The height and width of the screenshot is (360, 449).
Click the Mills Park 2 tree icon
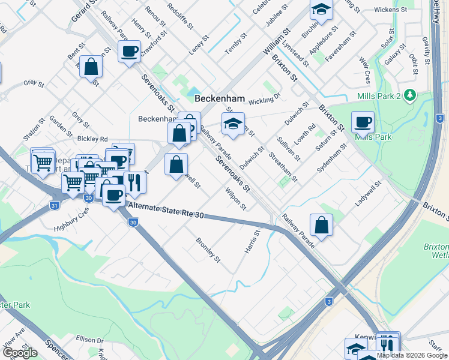click(410, 95)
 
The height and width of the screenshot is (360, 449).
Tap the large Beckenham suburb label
click(220, 98)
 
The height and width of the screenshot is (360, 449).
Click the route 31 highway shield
click(55, 205)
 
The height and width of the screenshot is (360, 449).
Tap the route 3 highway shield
click(328, 301)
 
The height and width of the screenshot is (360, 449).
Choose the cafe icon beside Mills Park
click(363, 122)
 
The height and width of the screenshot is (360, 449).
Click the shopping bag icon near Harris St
click(322, 225)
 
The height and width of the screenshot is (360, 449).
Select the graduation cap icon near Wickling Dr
click(233, 124)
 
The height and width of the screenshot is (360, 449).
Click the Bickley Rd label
click(92, 139)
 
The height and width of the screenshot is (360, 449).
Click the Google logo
click(20, 353)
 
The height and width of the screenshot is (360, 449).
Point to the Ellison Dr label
click(90, 340)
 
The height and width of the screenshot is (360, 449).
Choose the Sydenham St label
click(332, 158)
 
